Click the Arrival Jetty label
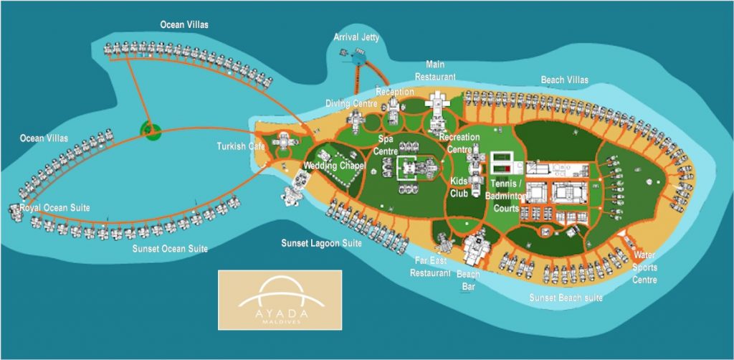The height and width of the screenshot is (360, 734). (x=357, y=37)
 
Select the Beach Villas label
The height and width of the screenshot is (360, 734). (x=564, y=80)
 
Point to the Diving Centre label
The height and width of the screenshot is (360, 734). (x=352, y=103)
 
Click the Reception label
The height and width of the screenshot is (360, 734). (x=395, y=92)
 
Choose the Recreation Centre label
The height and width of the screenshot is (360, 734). (x=459, y=142)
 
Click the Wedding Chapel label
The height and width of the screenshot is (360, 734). (x=335, y=166)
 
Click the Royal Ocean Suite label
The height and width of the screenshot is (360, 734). (x=55, y=207)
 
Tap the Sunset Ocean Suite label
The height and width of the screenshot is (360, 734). (x=170, y=249)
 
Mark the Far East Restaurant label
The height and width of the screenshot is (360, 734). (x=430, y=267)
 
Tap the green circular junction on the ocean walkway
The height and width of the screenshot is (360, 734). (x=151, y=130)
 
